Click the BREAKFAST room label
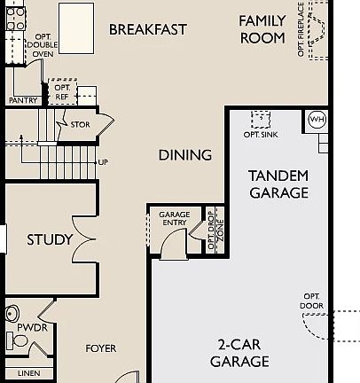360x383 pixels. click(148, 29)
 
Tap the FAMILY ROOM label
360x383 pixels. click(262, 29)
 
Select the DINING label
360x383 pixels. click(185, 155)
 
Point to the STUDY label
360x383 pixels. click(50, 239)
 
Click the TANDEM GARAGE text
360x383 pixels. click(278, 184)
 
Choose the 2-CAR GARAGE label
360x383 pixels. click(239, 353)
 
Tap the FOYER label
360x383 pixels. click(101, 348)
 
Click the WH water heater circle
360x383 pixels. click(317, 119)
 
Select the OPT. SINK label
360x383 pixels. click(261, 135)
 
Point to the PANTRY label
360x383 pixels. click(23, 100)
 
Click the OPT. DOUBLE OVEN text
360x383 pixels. click(43, 45)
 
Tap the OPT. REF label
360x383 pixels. click(62, 92)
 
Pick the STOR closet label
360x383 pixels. click(80, 125)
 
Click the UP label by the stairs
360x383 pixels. click(103, 162)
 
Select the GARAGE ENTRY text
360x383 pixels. click(175, 220)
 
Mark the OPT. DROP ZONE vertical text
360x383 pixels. click(215, 230)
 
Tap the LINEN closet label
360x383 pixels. click(28, 373)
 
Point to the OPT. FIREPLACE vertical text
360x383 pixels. click(301, 30)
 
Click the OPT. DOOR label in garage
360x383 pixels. click(312, 301)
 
